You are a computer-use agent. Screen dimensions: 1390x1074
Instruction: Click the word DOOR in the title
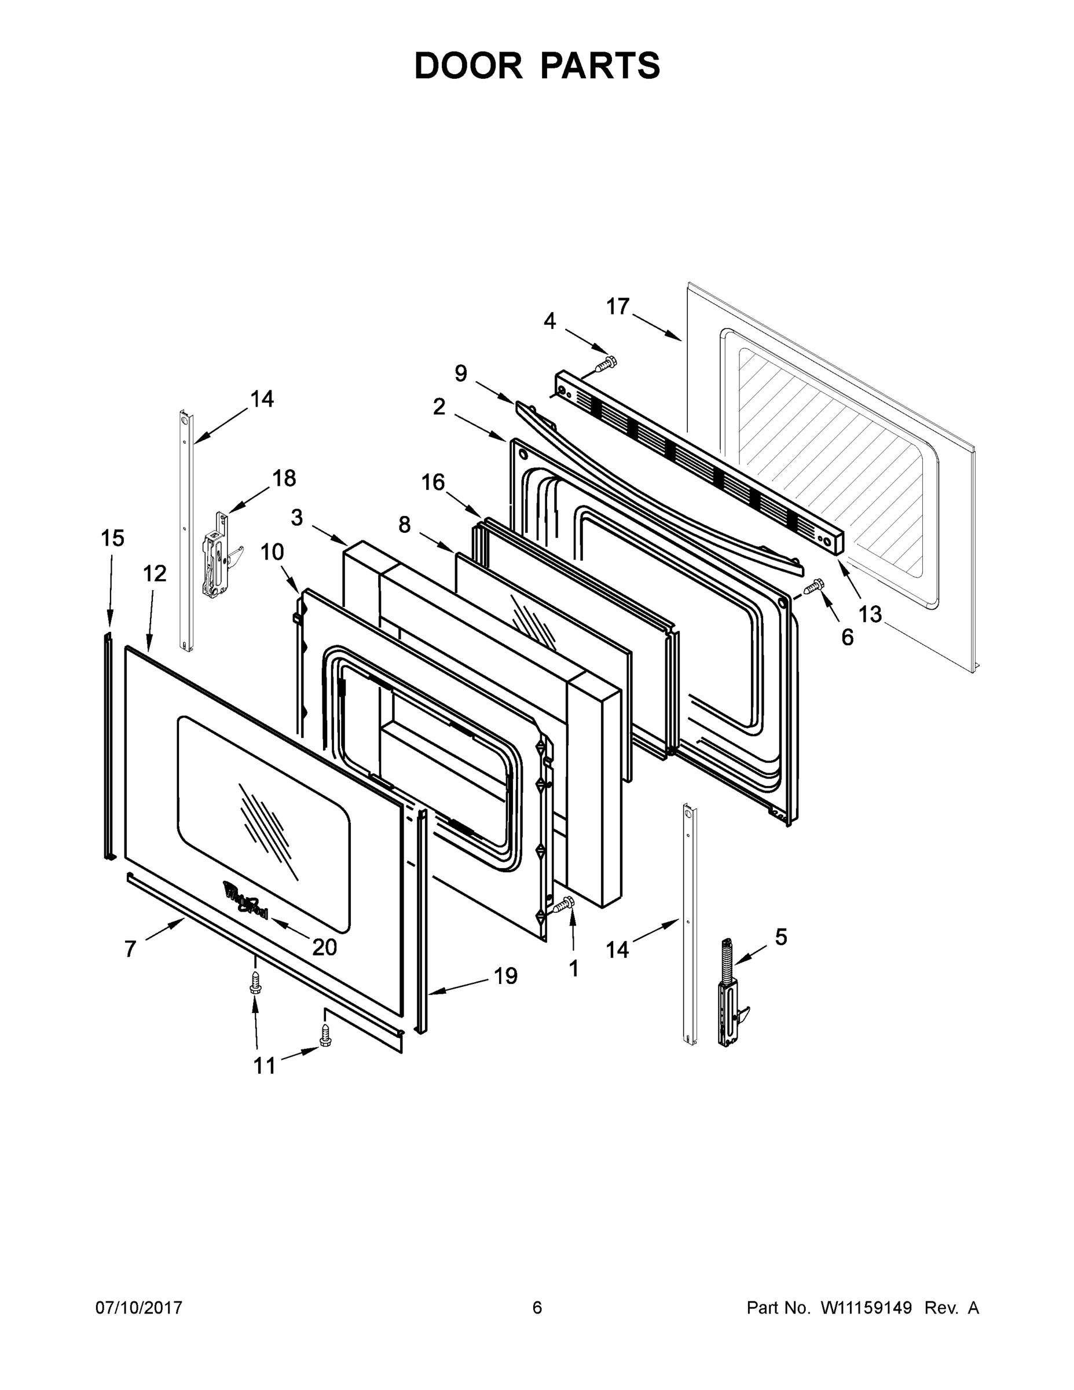468,66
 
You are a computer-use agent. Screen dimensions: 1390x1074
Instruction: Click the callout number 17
617,307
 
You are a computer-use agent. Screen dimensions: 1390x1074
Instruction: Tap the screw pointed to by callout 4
607,365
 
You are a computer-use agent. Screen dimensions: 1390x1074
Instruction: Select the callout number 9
461,373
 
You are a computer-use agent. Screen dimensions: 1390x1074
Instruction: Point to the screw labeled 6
815,586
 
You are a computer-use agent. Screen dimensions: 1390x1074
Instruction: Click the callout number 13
870,614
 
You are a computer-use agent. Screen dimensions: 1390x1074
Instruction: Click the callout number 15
113,539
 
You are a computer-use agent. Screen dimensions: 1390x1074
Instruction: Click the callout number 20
324,948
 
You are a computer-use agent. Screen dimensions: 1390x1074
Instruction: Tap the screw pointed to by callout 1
563,905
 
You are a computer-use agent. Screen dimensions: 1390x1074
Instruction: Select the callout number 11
265,1066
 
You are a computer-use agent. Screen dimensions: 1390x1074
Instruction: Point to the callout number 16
432,482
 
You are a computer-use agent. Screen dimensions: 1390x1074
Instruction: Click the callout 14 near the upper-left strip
262,399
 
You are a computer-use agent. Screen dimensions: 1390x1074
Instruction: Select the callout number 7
130,949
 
